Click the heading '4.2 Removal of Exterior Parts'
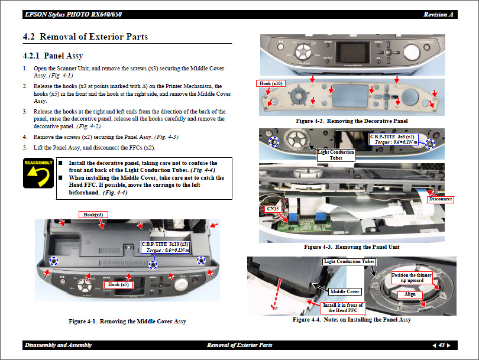coord(85,37)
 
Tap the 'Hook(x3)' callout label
coord(93,214)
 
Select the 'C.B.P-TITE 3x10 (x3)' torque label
coord(165,247)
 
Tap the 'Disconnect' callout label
coord(441,199)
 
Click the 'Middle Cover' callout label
coord(345,291)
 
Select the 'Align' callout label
coord(410,294)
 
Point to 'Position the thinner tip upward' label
coord(412,278)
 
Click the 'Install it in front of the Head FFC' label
coord(342,308)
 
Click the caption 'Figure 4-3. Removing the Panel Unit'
coord(351,247)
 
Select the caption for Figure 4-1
coord(127,322)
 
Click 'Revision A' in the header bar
coord(439,14)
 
